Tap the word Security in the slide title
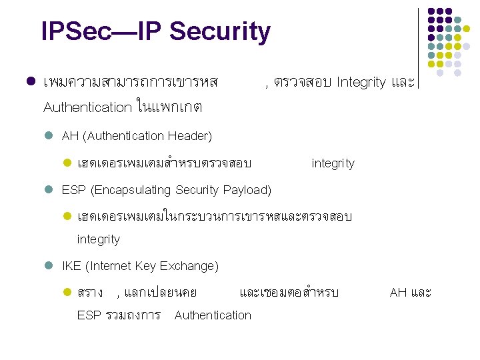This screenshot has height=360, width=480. [220, 31]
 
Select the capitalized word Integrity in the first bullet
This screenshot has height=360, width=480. [361, 83]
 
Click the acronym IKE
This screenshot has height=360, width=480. [71, 266]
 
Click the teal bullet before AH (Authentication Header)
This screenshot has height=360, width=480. [48, 136]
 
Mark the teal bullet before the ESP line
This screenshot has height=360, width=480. [48, 190]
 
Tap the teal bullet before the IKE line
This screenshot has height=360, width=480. [48, 266]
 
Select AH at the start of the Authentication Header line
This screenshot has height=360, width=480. [70, 136]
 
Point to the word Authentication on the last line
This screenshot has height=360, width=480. [213, 315]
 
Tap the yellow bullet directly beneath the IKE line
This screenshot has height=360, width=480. [66, 292]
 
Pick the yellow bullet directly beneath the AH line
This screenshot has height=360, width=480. [66, 163]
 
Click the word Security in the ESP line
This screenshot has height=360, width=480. [197, 190]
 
